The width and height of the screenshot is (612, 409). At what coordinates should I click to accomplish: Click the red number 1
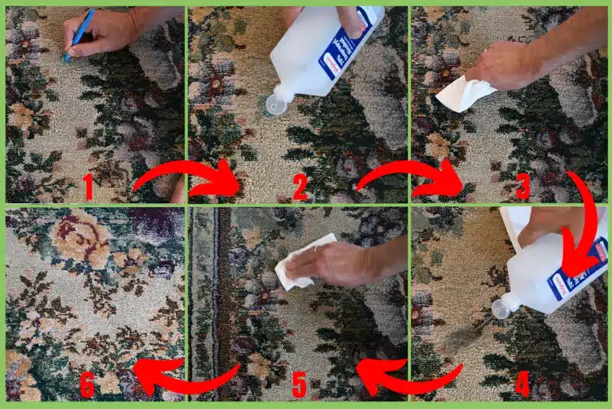tap(88, 187)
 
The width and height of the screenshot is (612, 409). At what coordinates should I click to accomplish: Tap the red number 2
tap(301, 187)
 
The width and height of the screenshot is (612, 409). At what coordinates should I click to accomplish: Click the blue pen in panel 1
tap(80, 34)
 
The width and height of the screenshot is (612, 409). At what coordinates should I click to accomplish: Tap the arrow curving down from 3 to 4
tap(589, 222)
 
